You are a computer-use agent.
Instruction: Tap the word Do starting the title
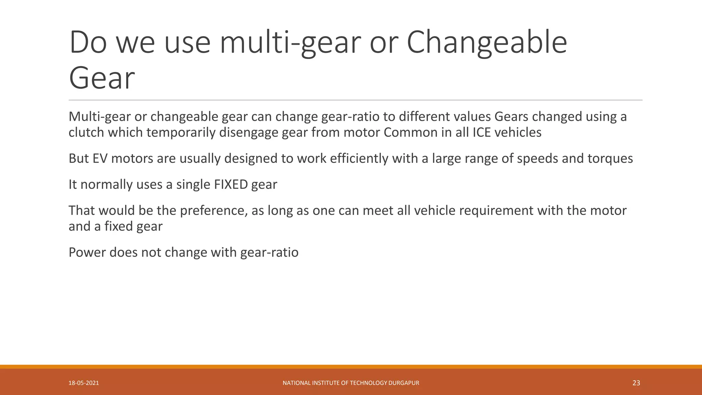coord(88,43)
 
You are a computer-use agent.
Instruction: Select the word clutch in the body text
coord(86,132)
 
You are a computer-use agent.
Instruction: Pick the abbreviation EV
coord(100,158)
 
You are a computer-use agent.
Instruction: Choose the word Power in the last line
coord(87,252)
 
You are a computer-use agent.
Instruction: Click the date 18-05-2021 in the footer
coord(84,383)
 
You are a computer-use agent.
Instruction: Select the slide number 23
coord(636,383)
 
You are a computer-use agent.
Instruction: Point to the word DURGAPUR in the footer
coord(404,383)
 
